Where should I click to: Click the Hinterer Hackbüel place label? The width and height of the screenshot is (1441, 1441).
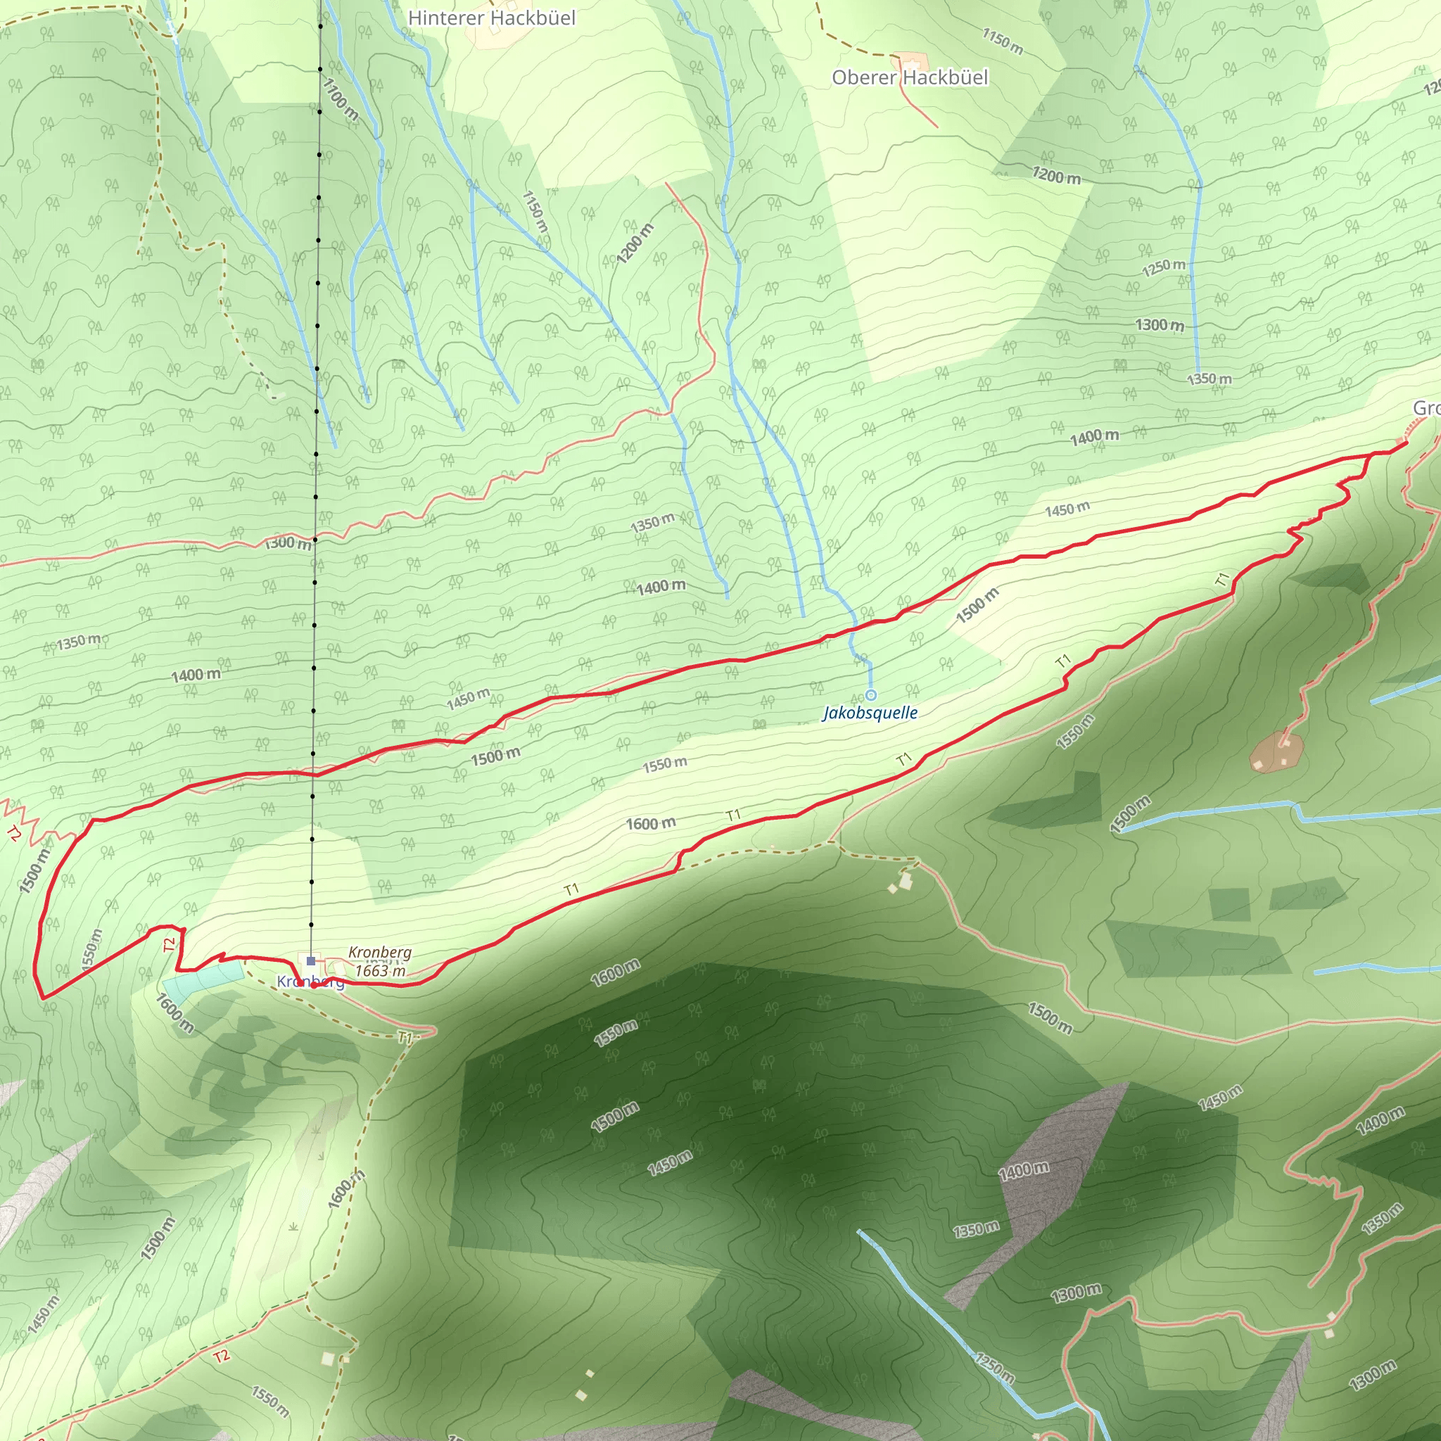click(x=492, y=18)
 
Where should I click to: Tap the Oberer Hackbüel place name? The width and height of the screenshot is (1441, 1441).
click(x=909, y=77)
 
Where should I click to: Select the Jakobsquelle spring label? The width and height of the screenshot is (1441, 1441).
click(x=870, y=712)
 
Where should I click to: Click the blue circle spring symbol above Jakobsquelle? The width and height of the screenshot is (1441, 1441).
click(x=870, y=695)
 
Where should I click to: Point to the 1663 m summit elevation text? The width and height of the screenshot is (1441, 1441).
click(x=381, y=970)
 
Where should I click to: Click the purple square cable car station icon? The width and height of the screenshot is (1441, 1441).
click(x=311, y=960)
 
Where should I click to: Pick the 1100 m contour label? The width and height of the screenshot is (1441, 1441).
click(x=340, y=100)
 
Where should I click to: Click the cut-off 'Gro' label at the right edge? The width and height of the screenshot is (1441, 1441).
click(x=1426, y=408)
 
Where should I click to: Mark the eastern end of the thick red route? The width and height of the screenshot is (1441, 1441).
click(x=1406, y=444)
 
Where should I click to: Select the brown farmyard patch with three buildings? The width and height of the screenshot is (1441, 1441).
click(x=1277, y=752)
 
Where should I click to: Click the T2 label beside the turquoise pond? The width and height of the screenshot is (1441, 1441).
click(x=170, y=944)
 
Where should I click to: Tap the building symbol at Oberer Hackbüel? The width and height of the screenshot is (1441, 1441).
click(x=910, y=61)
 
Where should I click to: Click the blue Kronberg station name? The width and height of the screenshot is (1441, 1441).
click(x=310, y=982)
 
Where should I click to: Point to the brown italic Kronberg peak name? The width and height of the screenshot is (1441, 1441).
click(x=380, y=953)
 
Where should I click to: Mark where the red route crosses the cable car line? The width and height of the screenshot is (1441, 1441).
click(x=314, y=774)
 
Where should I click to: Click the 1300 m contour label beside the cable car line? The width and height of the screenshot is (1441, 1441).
click(x=288, y=542)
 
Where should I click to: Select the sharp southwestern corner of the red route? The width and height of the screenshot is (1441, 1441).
click(x=42, y=997)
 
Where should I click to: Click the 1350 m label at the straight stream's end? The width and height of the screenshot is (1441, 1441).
click(x=1209, y=379)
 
